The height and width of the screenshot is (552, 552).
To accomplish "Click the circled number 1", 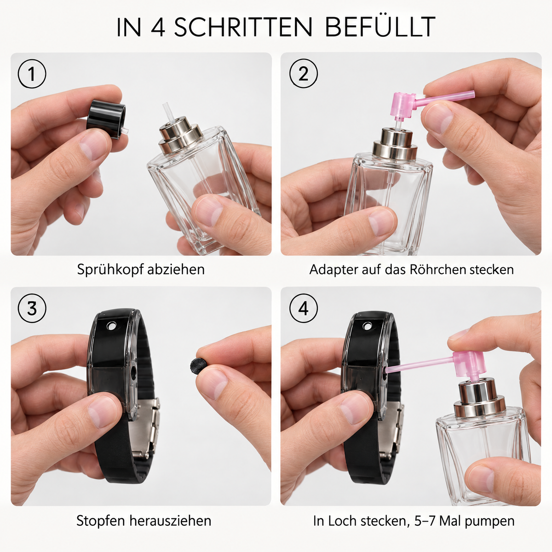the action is tap(32, 74).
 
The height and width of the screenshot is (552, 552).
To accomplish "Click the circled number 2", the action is tap(303, 73).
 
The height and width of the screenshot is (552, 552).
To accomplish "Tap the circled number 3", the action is tap(32, 309).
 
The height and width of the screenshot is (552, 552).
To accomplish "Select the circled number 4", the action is tap(303, 308).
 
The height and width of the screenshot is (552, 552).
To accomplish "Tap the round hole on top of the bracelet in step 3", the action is tap(111, 325).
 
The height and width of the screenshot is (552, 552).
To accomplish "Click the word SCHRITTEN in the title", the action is tap(243, 27).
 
